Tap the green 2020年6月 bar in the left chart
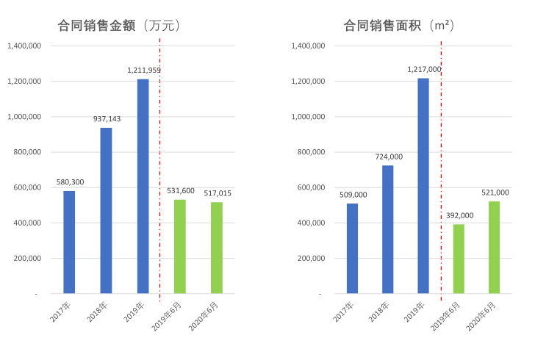point(216,248)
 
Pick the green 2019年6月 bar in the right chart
point(459,259)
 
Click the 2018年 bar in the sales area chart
point(387,229)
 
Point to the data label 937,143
point(107,118)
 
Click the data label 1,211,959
point(144,71)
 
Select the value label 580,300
point(70,181)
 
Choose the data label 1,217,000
point(424,69)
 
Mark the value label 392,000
point(459,215)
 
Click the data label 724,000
point(388,156)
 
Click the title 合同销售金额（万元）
point(119,26)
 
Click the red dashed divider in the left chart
point(159,169)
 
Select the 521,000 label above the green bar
point(495,192)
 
